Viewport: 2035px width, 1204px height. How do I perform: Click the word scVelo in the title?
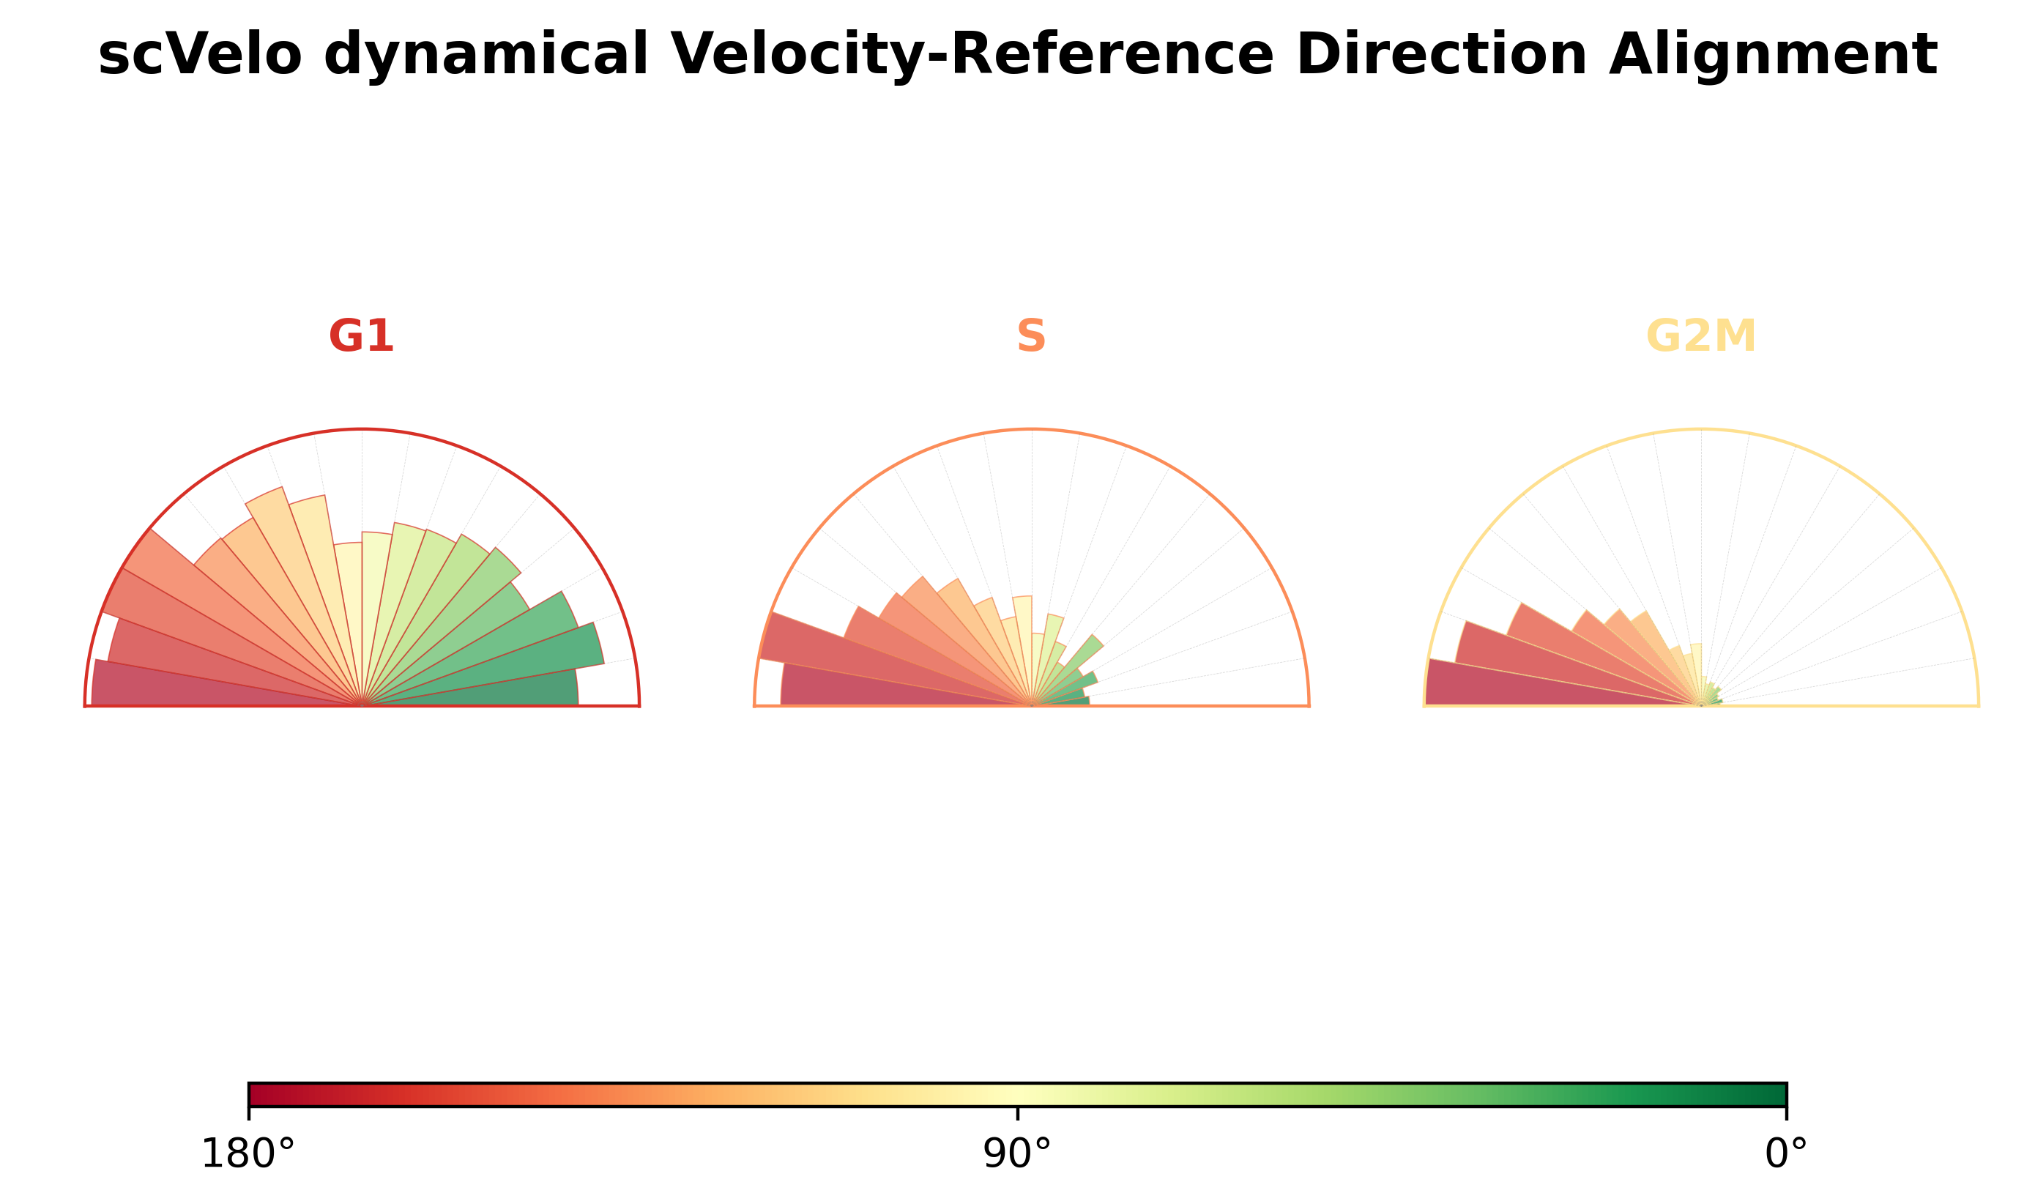[199, 55]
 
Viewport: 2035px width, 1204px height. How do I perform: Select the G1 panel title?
[361, 336]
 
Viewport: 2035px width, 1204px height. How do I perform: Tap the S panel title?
[1031, 336]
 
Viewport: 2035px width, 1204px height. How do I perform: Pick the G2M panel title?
[1701, 336]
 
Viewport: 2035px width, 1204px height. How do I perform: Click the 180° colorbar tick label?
[248, 1153]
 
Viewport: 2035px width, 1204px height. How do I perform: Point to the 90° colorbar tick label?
[1017, 1153]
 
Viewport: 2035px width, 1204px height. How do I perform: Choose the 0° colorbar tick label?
[1786, 1153]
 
